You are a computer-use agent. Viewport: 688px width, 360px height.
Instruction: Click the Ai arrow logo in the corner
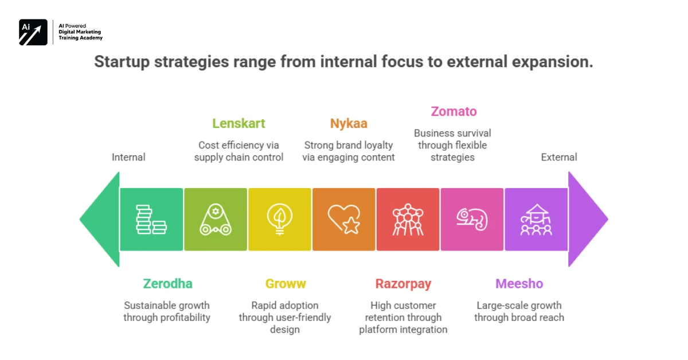pyautogui.click(x=33, y=32)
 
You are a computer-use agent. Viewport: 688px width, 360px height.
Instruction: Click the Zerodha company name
pyautogui.click(x=167, y=284)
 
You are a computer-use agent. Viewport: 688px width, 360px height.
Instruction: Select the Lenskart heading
pyautogui.click(x=239, y=123)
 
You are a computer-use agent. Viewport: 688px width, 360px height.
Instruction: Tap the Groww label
pyautogui.click(x=285, y=284)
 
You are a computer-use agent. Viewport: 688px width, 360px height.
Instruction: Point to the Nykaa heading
pyautogui.click(x=349, y=123)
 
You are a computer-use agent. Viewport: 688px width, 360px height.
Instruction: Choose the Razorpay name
pyautogui.click(x=403, y=284)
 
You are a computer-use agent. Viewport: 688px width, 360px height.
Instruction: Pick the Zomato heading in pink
pyautogui.click(x=454, y=111)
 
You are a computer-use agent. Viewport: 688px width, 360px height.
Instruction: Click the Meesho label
pyautogui.click(x=519, y=284)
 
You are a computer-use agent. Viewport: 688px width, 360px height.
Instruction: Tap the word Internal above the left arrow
pyautogui.click(x=128, y=157)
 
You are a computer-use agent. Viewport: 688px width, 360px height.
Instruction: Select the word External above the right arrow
pyautogui.click(x=559, y=157)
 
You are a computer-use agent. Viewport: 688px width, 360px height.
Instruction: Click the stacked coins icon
pyautogui.click(x=151, y=220)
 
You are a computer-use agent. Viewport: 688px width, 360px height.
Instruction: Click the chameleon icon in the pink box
pyautogui.click(x=472, y=220)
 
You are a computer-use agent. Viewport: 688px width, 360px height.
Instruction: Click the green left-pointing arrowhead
pyautogui.click(x=99, y=219)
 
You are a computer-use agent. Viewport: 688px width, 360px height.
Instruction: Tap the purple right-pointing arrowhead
pyautogui.click(x=588, y=219)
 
